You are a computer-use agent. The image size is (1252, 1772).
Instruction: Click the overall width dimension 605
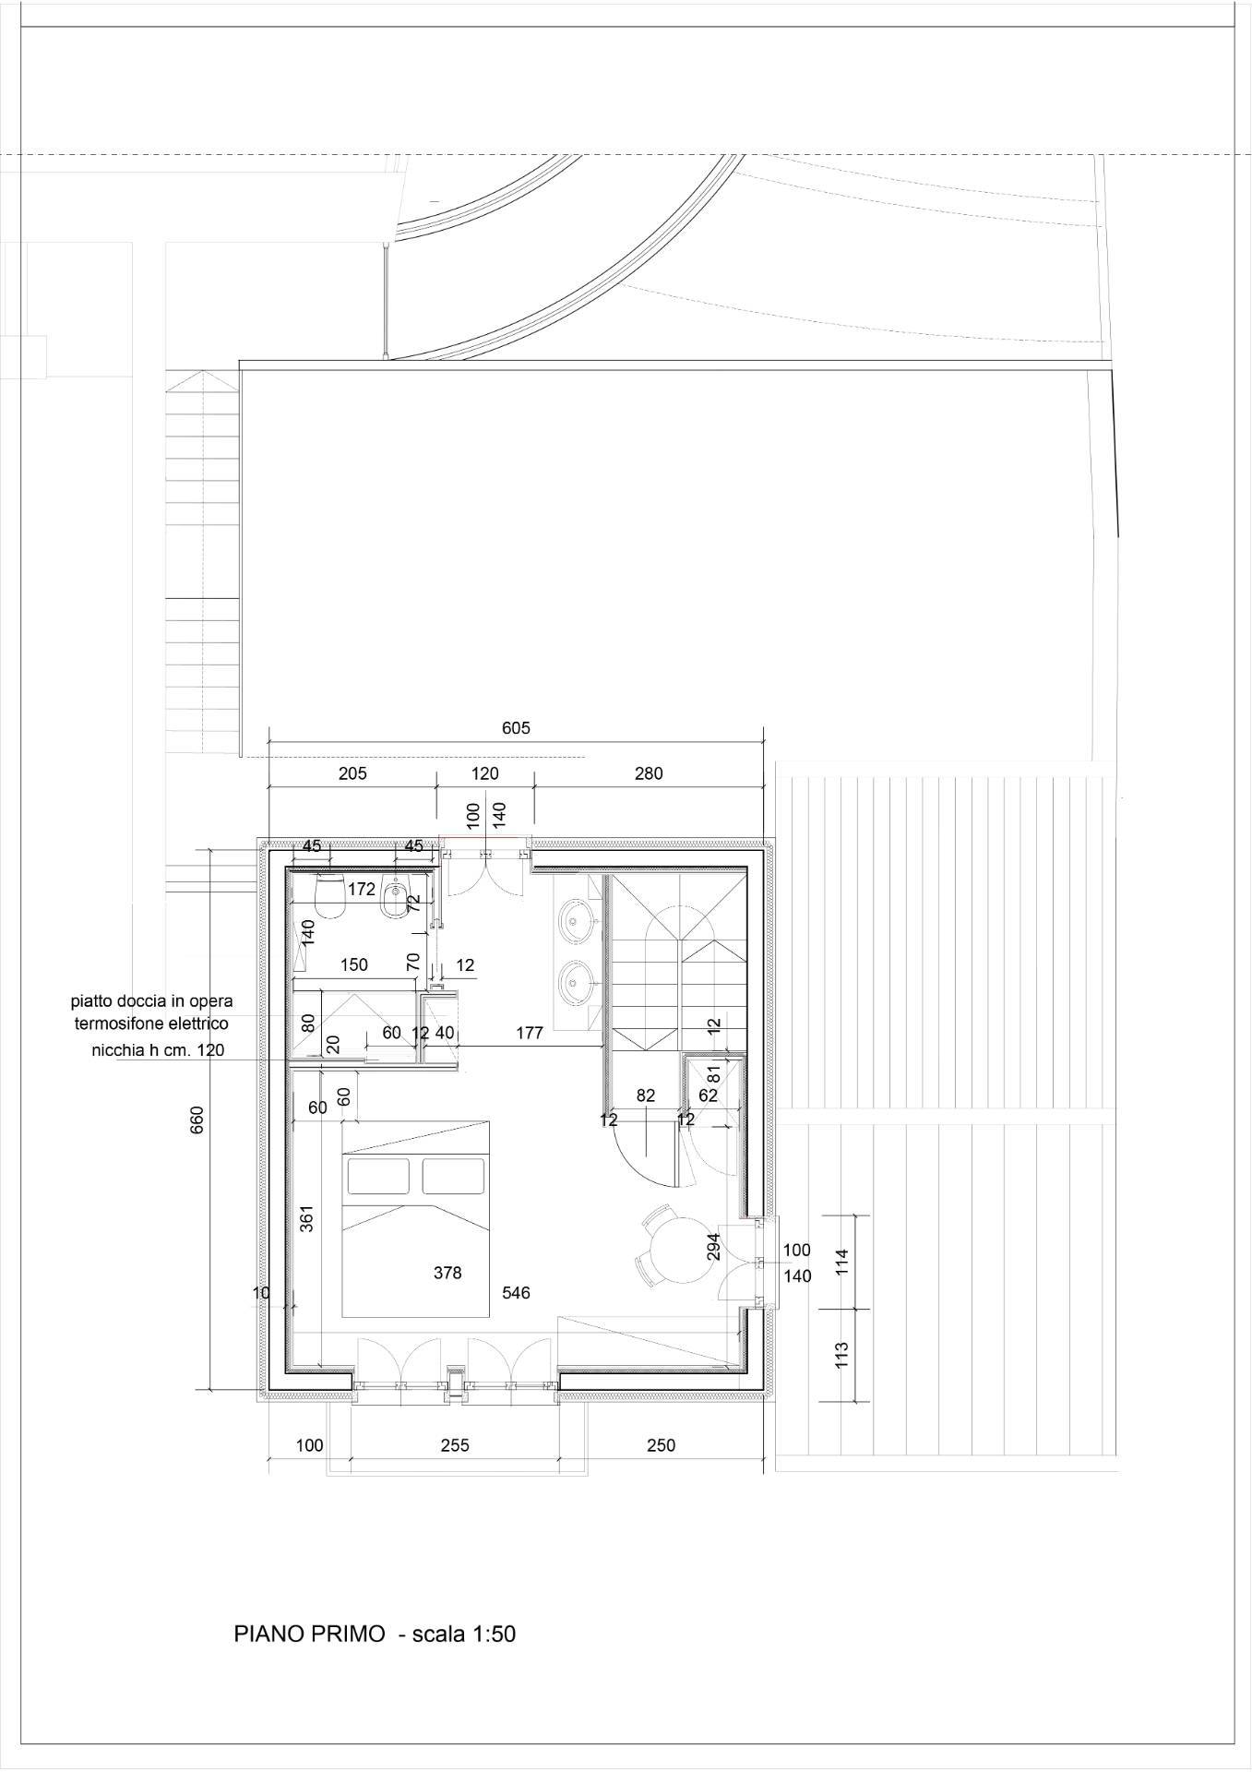[x=516, y=728]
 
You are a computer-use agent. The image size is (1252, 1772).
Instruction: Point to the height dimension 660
[x=197, y=1119]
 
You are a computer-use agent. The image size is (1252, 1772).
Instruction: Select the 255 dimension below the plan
[x=455, y=1444]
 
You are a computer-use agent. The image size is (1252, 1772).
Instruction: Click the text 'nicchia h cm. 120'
[x=158, y=1049]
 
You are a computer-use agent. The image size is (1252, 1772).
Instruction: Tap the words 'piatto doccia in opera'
[x=152, y=1000]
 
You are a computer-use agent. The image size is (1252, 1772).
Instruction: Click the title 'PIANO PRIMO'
[x=309, y=1634]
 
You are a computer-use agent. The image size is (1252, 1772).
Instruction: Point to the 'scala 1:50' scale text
[x=463, y=1634]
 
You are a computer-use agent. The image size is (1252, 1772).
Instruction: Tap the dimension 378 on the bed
[x=447, y=1273]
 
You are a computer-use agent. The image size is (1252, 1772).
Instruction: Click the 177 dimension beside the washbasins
[x=530, y=1033]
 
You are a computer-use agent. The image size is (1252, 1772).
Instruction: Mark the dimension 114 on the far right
[x=841, y=1261]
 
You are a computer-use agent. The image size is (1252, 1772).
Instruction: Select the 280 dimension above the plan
[x=649, y=773]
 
